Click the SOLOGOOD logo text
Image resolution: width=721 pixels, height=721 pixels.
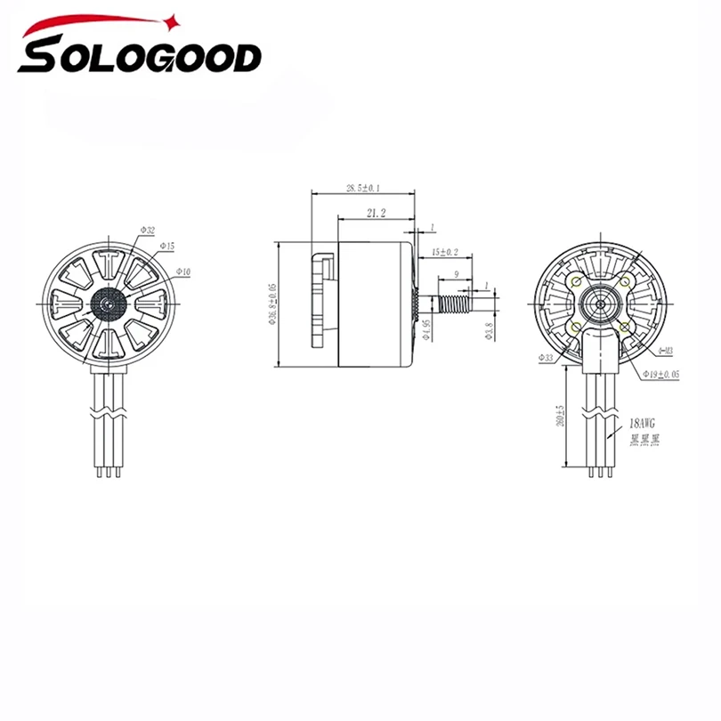pyautogui.click(x=141, y=60)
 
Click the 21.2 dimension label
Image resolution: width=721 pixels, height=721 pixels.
pyautogui.click(x=376, y=213)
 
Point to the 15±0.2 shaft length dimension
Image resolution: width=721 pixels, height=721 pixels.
pyautogui.click(x=444, y=252)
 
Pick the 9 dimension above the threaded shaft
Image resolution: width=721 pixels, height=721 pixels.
pyautogui.click(x=456, y=275)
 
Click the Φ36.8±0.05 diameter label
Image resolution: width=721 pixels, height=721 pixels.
pyautogui.click(x=271, y=303)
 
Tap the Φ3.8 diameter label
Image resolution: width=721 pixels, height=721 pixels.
pyautogui.click(x=488, y=333)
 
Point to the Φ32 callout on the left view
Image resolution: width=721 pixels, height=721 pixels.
pyautogui.click(x=148, y=230)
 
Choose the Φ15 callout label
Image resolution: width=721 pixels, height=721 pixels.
pyautogui.click(x=167, y=244)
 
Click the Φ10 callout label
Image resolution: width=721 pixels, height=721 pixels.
pyautogui.click(x=182, y=271)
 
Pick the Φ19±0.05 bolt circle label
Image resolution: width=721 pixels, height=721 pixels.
pyautogui.click(x=661, y=375)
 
